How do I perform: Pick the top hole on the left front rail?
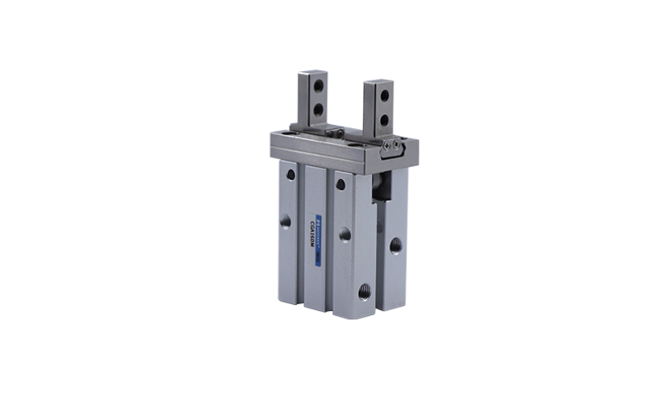[290, 174]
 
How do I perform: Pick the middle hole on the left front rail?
[286, 221]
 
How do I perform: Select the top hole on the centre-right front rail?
[341, 184]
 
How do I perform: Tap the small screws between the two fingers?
[335, 132]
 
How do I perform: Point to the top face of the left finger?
[307, 74]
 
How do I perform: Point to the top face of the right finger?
[379, 81]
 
